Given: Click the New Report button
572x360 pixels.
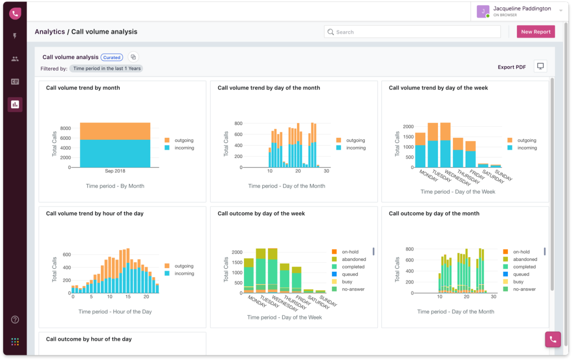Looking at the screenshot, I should (535, 32).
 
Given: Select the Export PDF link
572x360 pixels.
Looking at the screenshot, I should (511, 67).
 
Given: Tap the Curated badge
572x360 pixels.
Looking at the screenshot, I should (112, 57).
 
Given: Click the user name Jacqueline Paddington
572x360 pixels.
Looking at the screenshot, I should (522, 9).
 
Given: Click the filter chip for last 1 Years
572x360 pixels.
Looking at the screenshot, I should (106, 69).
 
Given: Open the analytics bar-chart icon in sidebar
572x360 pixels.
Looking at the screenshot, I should (15, 104).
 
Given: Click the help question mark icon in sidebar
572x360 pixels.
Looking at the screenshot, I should (15, 320).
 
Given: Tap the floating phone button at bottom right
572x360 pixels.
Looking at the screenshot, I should (552, 339).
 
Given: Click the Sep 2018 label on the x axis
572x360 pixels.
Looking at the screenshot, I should (115, 171).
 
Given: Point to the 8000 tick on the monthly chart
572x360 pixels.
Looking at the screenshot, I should (66, 128).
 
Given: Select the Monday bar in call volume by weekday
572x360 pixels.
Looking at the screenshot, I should (420, 150).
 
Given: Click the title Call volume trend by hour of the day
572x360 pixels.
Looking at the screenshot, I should (95, 214).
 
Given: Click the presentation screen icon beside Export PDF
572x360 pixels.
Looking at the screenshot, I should (540, 66).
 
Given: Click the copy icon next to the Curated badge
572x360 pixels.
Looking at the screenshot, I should (133, 57).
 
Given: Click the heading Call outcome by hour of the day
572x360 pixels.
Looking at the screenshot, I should (89, 339).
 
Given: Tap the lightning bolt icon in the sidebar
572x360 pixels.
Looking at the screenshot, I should (15, 36).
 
